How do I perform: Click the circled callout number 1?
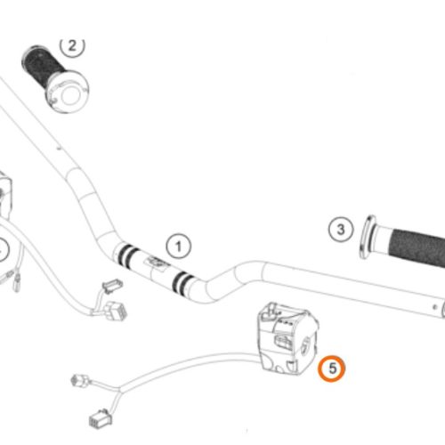(179, 247)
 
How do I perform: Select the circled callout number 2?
(72, 46)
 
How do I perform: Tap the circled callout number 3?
(341, 230)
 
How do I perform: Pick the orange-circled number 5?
(332, 368)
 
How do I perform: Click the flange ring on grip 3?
(367, 237)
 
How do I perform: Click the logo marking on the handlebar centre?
(155, 263)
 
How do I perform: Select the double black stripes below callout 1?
(126, 254)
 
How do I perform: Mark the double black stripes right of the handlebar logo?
(182, 282)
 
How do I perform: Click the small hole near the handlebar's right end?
(434, 307)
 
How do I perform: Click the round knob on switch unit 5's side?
(304, 345)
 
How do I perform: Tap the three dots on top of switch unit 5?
(285, 322)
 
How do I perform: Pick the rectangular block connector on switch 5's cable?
(101, 418)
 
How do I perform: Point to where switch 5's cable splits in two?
(119, 389)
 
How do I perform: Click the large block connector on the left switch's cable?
(117, 311)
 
